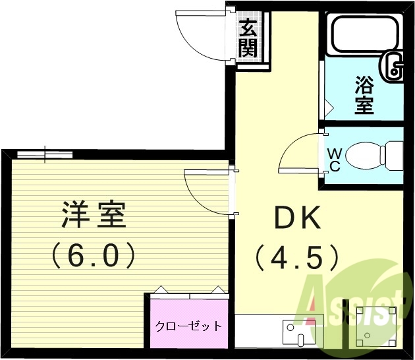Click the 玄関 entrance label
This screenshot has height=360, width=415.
click(x=248, y=38)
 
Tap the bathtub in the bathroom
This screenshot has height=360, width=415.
click(x=358, y=34)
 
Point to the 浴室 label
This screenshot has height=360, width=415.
click(x=364, y=95)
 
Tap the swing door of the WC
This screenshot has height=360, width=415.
click(x=300, y=153)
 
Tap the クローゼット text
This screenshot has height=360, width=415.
click(x=188, y=326)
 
